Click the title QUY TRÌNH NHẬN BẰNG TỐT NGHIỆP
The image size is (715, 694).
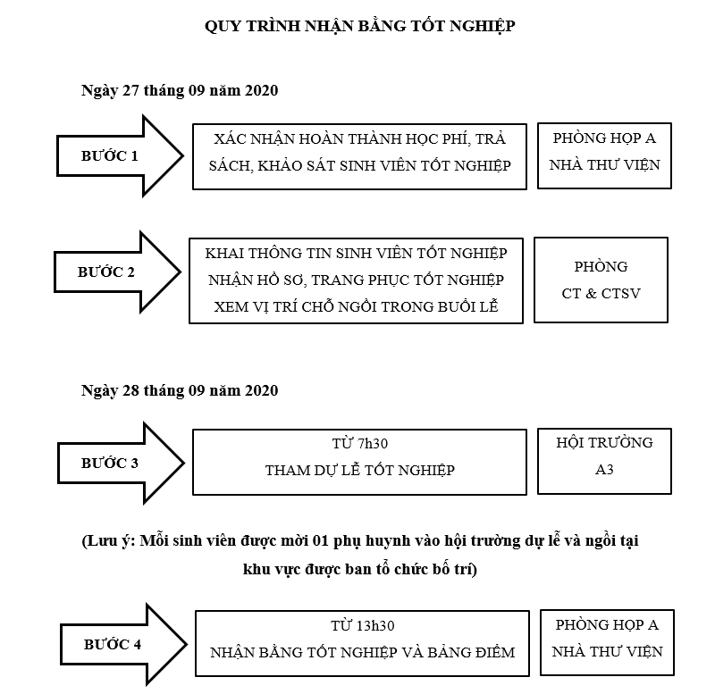tap(359, 25)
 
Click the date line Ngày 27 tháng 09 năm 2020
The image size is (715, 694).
tap(180, 91)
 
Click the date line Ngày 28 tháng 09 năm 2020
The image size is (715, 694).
tap(180, 391)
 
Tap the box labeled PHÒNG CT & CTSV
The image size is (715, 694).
tap(601, 280)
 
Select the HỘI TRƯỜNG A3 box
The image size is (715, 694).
tap(604, 456)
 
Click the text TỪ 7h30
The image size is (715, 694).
tap(359, 444)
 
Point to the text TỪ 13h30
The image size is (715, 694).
tap(362, 625)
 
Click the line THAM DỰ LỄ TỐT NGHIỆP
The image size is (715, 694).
tap(359, 471)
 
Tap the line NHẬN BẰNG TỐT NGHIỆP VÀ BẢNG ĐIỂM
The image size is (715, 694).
tap(362, 652)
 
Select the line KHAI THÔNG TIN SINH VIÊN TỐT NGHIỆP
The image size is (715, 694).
tap(356, 253)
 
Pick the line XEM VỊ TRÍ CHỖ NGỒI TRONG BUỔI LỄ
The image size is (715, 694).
tap(356, 306)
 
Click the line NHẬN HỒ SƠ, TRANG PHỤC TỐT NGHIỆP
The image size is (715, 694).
tap(356, 280)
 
